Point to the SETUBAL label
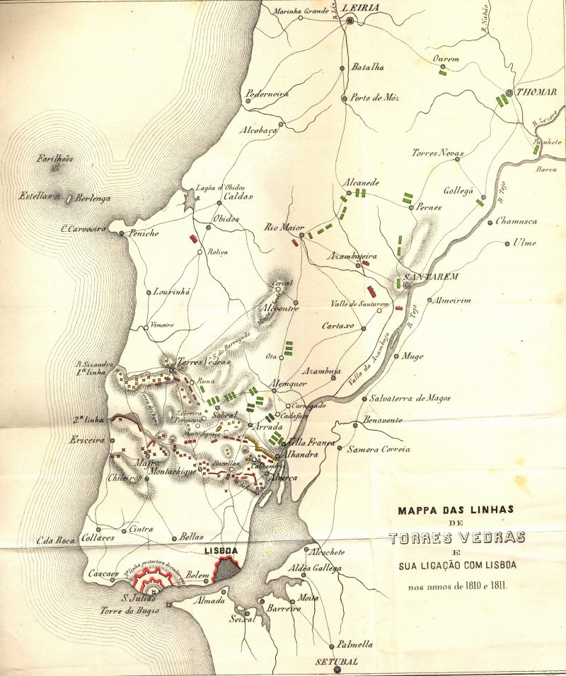click(x=337, y=663)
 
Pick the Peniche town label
click(x=144, y=233)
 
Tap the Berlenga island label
click(x=93, y=199)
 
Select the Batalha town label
click(x=368, y=67)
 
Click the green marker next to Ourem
click(x=442, y=71)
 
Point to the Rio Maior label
click(x=279, y=227)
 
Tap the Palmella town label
click(x=354, y=644)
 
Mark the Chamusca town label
click(x=516, y=221)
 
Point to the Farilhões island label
click(x=55, y=158)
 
